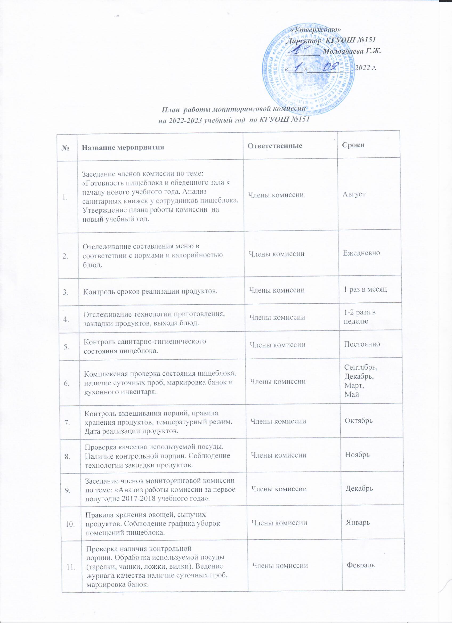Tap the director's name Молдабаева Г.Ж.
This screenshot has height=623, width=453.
click(352, 51)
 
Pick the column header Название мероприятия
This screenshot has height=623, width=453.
click(123, 148)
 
